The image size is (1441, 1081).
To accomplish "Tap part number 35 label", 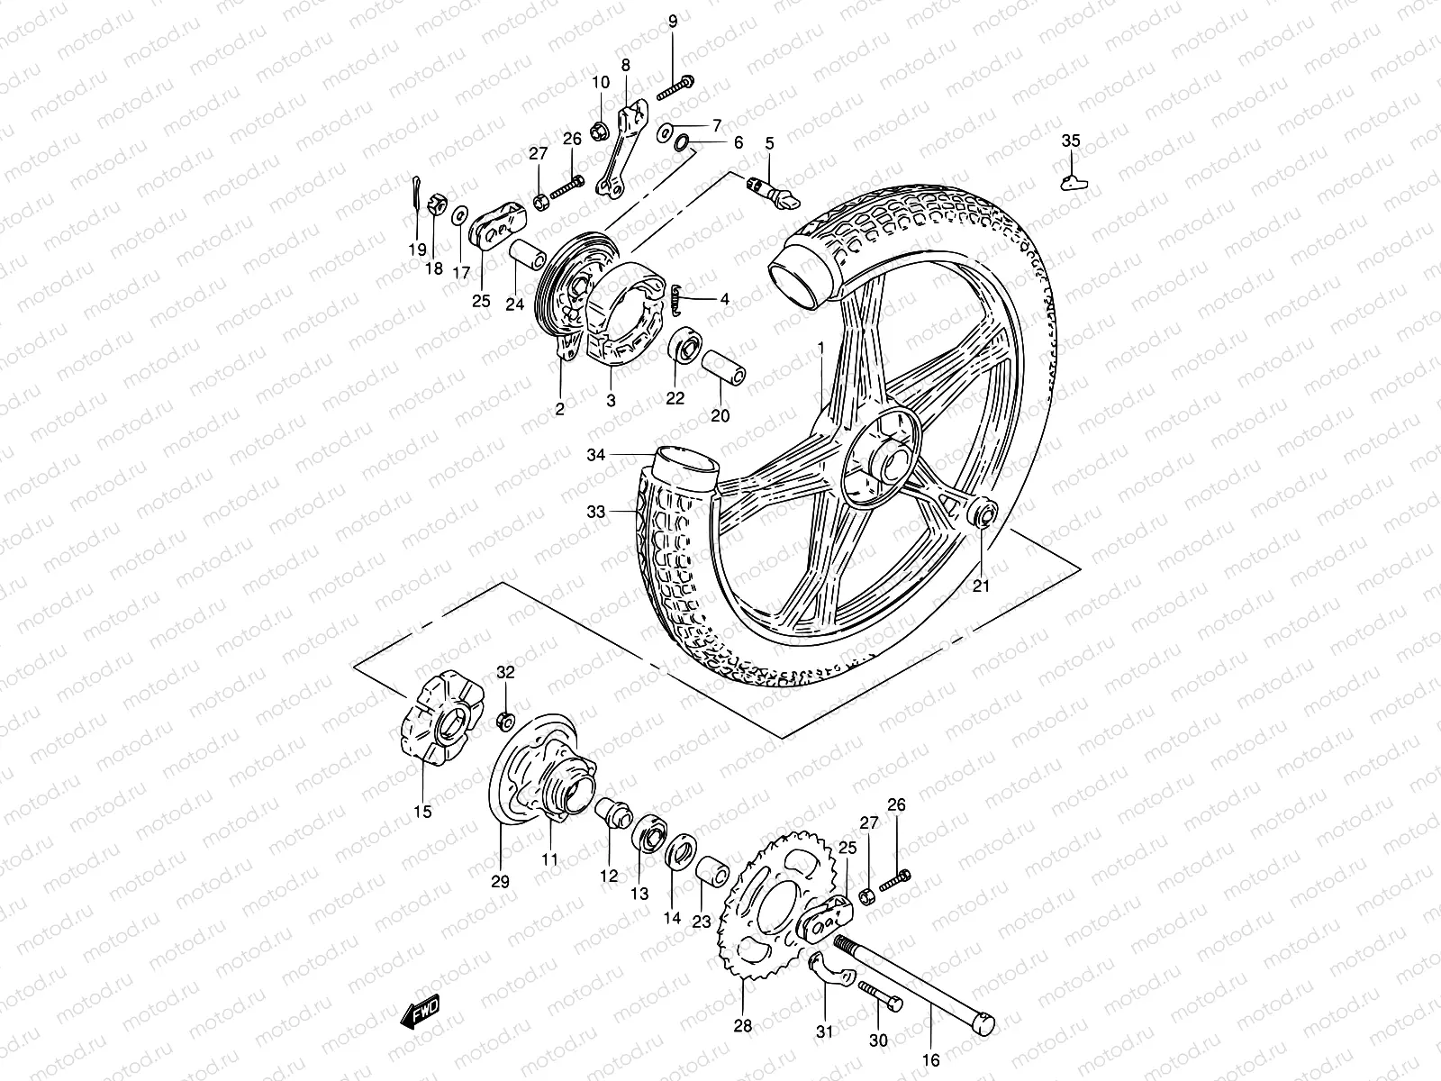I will (x=1070, y=141).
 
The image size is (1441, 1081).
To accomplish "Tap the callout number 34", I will (x=596, y=456).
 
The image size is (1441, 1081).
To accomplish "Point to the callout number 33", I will (x=596, y=512).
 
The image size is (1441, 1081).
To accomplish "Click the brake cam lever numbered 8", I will (x=623, y=149).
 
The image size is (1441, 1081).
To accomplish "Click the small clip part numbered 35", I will (x=1074, y=181).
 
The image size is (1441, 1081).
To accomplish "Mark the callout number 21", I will (x=981, y=586).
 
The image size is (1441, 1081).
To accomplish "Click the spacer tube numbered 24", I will (x=527, y=255).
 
